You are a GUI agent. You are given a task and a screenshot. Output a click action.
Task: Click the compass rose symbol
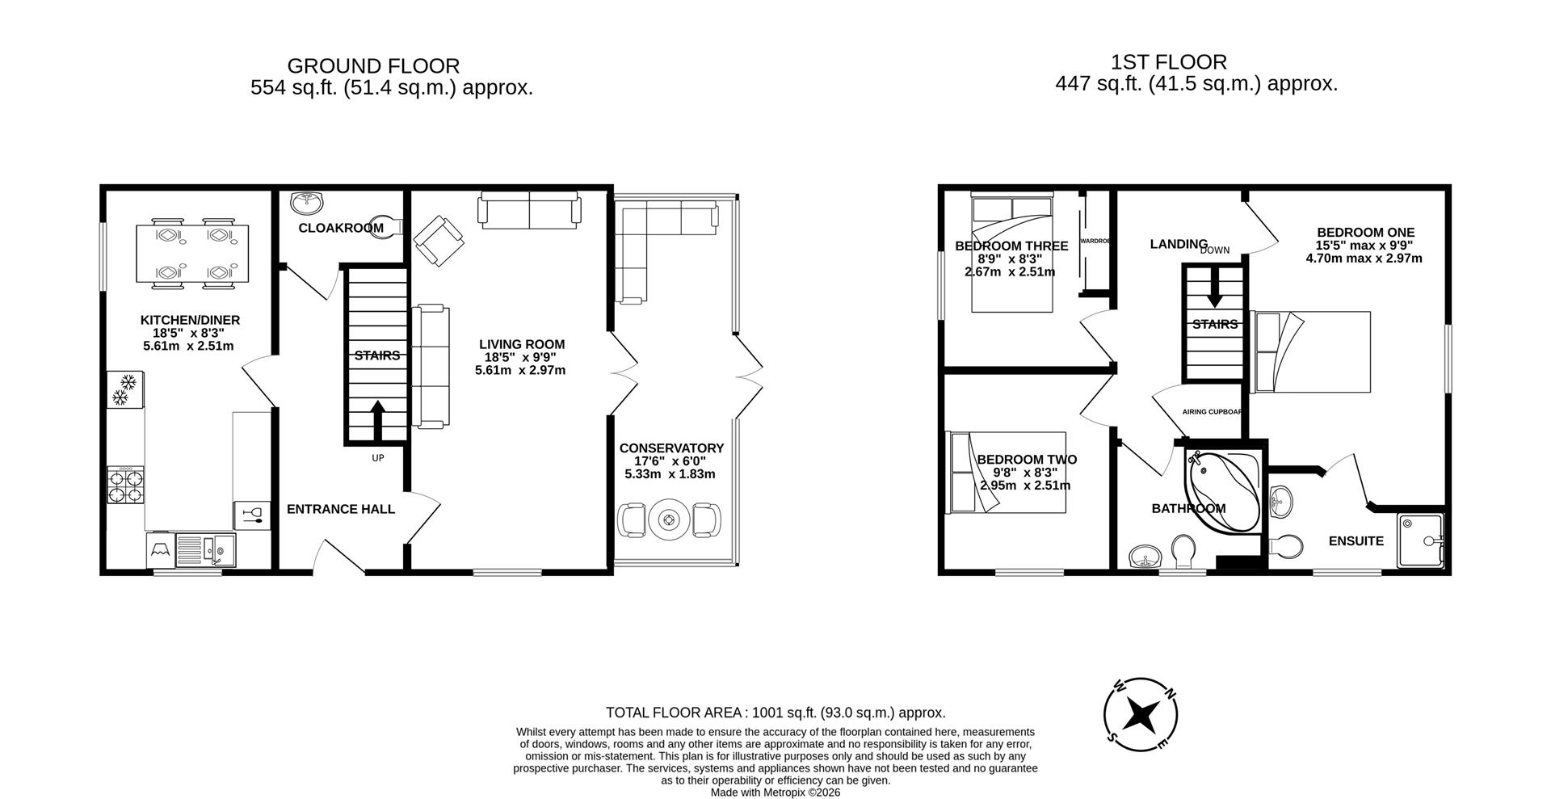1140,714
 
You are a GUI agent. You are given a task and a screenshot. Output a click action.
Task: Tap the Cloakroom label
341,228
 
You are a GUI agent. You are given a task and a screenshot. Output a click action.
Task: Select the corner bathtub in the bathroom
1221,490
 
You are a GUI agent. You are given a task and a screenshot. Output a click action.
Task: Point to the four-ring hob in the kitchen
126,486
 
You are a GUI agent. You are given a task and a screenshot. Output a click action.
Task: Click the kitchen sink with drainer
205,550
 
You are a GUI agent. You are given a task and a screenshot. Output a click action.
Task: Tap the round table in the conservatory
669,520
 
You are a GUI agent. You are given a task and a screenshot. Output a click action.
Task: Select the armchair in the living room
439,240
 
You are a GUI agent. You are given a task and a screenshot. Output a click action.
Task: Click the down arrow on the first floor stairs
1214,291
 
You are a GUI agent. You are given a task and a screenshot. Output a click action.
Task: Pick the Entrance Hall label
341,509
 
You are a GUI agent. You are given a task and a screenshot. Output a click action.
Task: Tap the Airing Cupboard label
1213,412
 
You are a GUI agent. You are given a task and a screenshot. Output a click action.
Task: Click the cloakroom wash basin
306,200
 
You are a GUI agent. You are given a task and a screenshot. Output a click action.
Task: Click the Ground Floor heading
373,65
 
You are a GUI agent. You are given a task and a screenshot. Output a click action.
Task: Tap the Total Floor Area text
775,713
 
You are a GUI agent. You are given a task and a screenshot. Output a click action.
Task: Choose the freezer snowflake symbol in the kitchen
124,389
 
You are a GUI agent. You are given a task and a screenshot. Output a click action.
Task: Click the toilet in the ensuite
1285,546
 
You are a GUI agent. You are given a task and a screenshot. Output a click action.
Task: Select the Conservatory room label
671,448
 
